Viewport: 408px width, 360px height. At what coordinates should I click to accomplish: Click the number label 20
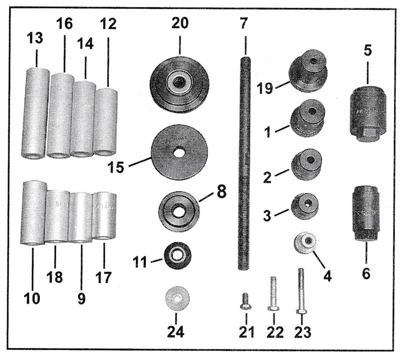click(180, 23)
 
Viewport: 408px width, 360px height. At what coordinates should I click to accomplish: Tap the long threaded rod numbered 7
click(244, 163)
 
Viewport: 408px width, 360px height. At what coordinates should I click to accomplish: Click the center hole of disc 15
click(178, 153)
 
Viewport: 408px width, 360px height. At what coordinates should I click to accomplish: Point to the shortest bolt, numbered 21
click(245, 302)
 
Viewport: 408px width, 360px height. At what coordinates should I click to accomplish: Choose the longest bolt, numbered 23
click(301, 291)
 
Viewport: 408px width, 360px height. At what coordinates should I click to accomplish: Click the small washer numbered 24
click(177, 298)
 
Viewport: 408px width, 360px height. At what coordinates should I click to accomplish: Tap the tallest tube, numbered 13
click(36, 113)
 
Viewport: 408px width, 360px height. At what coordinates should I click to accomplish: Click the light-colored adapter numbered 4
click(305, 243)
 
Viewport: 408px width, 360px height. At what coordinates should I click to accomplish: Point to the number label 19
click(265, 88)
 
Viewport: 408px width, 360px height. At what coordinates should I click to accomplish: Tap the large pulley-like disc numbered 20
click(180, 84)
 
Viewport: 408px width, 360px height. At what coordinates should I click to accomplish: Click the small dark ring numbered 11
click(178, 256)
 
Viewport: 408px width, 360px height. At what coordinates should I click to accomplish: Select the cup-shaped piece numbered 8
click(179, 211)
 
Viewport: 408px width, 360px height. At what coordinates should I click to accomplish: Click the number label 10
click(32, 298)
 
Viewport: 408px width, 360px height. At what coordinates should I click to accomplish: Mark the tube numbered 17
click(104, 216)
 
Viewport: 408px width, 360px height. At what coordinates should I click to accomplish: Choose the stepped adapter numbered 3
click(304, 206)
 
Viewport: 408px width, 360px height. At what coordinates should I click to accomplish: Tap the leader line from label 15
click(140, 161)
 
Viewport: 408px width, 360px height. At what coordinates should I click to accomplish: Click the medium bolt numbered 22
click(273, 294)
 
